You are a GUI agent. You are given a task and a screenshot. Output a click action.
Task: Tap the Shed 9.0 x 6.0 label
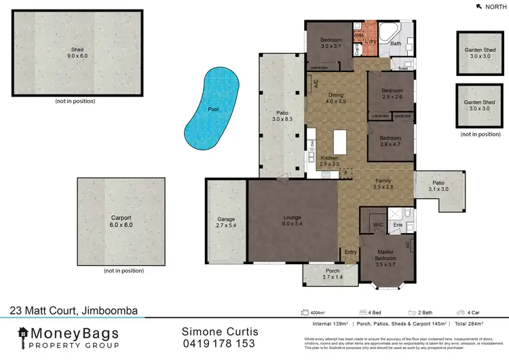point(77,53)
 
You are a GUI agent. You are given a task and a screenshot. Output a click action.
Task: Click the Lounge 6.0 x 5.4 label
point(293,221)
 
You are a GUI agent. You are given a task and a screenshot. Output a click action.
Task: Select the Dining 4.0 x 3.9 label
point(336,98)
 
